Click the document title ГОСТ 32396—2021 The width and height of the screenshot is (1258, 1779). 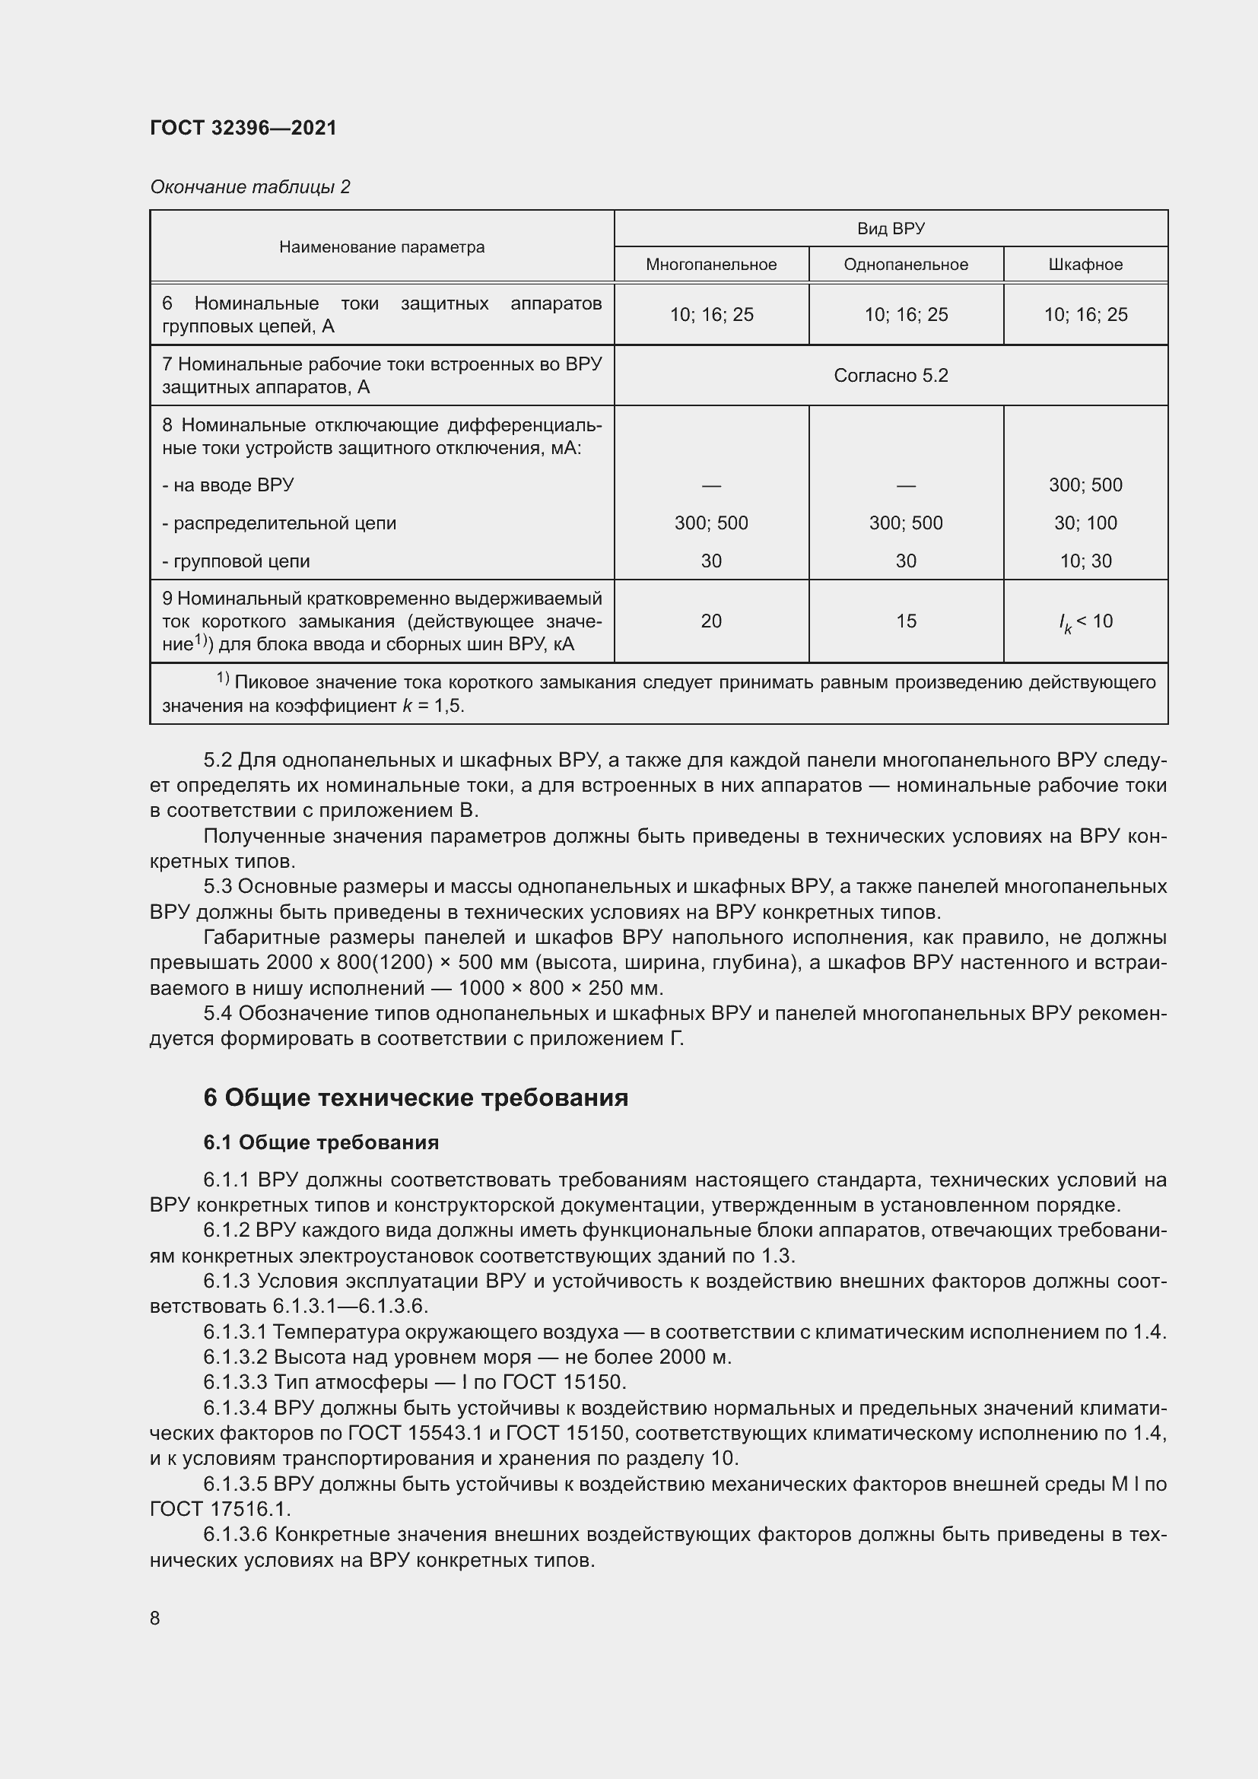(x=243, y=128)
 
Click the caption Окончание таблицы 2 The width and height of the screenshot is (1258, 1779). (x=250, y=187)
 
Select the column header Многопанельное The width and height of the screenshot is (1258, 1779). (x=711, y=264)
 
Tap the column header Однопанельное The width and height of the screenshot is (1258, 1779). (x=906, y=264)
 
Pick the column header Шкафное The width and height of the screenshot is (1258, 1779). (x=1085, y=264)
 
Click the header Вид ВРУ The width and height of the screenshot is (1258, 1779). (x=891, y=229)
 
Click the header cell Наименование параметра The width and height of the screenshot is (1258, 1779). (x=382, y=247)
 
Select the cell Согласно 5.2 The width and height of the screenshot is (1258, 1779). (x=891, y=376)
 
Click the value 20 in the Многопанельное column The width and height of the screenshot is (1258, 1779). (x=711, y=621)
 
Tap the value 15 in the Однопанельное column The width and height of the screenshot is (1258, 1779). (x=906, y=621)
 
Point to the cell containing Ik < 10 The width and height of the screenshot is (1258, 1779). (x=1085, y=621)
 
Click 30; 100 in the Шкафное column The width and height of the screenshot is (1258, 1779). (x=1085, y=523)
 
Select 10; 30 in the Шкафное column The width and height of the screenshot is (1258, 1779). (x=1085, y=561)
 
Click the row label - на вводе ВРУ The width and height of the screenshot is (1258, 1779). (x=227, y=485)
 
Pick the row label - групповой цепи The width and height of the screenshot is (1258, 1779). (x=236, y=561)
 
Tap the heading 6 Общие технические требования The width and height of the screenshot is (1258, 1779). (x=415, y=1098)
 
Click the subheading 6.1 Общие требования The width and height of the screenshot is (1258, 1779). (x=321, y=1142)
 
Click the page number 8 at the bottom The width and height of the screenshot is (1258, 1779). (x=155, y=1618)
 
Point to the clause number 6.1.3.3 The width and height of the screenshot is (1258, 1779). (x=235, y=1381)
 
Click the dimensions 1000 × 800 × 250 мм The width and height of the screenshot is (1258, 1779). (x=561, y=988)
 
